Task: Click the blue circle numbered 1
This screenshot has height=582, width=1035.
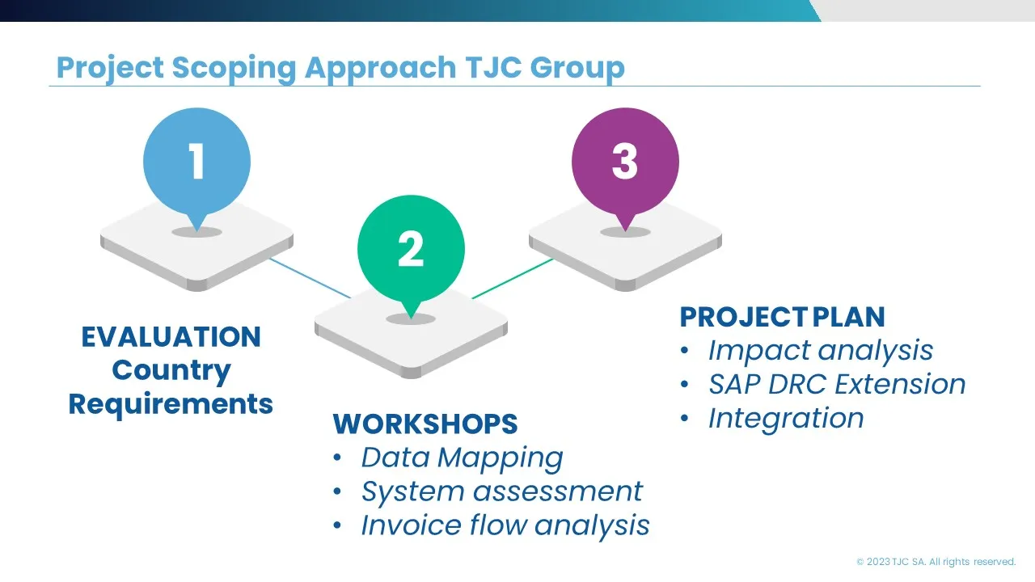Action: pyautogui.click(x=196, y=162)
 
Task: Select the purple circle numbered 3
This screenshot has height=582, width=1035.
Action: pyautogui.click(x=625, y=161)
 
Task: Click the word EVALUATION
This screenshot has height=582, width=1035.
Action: pyautogui.click(x=171, y=336)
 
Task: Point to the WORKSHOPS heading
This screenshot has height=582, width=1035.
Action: pyautogui.click(x=425, y=424)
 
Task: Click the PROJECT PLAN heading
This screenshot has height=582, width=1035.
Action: pyautogui.click(x=782, y=317)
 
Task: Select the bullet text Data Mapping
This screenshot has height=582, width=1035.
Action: pyautogui.click(x=462, y=458)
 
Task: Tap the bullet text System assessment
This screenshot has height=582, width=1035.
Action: pyautogui.click(x=501, y=491)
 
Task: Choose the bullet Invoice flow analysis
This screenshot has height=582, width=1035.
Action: pyautogui.click(x=505, y=525)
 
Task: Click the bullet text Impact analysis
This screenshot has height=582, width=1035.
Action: pyautogui.click(x=820, y=351)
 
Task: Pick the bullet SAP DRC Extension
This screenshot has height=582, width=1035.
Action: pyautogui.click(x=837, y=385)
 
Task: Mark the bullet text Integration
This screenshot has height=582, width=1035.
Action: pyautogui.click(x=786, y=419)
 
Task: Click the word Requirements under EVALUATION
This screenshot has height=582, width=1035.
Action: pyautogui.click(x=171, y=403)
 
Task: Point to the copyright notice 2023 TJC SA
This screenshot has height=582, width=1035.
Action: pyautogui.click(x=936, y=562)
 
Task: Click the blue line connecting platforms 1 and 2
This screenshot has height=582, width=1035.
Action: pyautogui.click(x=310, y=278)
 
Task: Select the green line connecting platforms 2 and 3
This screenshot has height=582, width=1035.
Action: pyautogui.click(x=513, y=279)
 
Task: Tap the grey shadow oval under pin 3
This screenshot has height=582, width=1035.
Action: pyautogui.click(x=625, y=232)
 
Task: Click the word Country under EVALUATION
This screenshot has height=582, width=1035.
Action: pyautogui.click(x=171, y=370)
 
